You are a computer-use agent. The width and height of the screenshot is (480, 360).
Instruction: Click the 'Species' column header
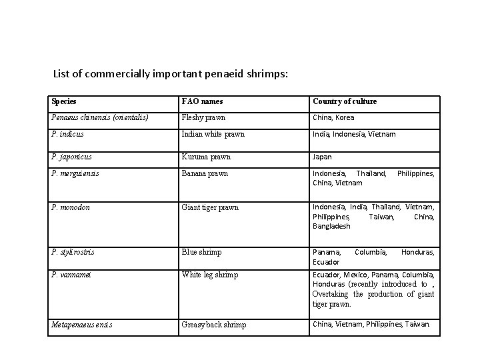pyautogui.click(x=63, y=101)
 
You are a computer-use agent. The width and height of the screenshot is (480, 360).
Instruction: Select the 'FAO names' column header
pyautogui.click(x=202, y=101)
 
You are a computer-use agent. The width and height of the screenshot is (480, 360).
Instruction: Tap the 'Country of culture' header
pyautogui.click(x=345, y=101)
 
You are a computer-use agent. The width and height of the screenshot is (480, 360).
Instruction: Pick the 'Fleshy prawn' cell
pyautogui.click(x=203, y=117)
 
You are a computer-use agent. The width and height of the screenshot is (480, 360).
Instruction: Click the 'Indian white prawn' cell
pyautogui.click(x=213, y=134)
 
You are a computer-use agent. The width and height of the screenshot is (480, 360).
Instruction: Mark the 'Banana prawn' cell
pyautogui.click(x=205, y=174)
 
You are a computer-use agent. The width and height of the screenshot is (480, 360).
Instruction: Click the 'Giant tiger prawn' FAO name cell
pyautogui.click(x=210, y=207)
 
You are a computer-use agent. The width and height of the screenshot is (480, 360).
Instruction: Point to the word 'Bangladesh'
pyautogui.click(x=331, y=227)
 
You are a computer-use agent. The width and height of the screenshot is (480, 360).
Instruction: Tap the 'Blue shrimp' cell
pyautogui.click(x=201, y=252)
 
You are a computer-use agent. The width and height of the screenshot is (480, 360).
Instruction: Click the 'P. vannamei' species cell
pyautogui.click(x=73, y=275)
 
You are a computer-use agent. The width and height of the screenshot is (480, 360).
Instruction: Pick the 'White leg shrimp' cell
pyautogui.click(x=210, y=275)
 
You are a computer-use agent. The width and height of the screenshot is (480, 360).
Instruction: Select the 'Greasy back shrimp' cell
pyautogui.click(x=214, y=325)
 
